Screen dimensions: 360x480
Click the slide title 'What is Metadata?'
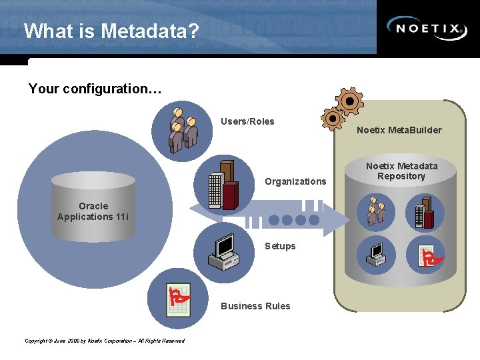111,31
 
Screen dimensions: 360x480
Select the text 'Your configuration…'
95,89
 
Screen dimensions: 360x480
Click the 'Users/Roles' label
247,121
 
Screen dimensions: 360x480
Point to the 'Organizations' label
295,181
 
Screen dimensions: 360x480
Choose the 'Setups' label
280,246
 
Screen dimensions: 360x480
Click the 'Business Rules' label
255,306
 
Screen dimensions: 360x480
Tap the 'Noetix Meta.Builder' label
399,130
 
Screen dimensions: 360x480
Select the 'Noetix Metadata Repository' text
402,171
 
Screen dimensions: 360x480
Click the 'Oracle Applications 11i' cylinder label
93,211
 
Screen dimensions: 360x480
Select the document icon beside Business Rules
177,298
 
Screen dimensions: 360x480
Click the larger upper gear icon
349,101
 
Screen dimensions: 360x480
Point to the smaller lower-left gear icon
332,119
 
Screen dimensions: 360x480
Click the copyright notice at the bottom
104,341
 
